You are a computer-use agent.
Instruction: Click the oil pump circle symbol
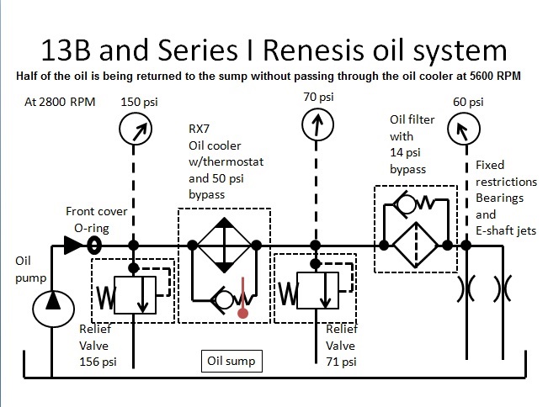50,304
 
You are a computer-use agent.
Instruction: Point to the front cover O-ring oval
94,245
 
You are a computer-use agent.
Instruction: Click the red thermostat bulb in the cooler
244,314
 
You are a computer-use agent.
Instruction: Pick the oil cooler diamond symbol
223,246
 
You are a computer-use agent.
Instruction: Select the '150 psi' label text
141,102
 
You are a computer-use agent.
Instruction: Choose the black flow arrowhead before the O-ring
70,245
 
